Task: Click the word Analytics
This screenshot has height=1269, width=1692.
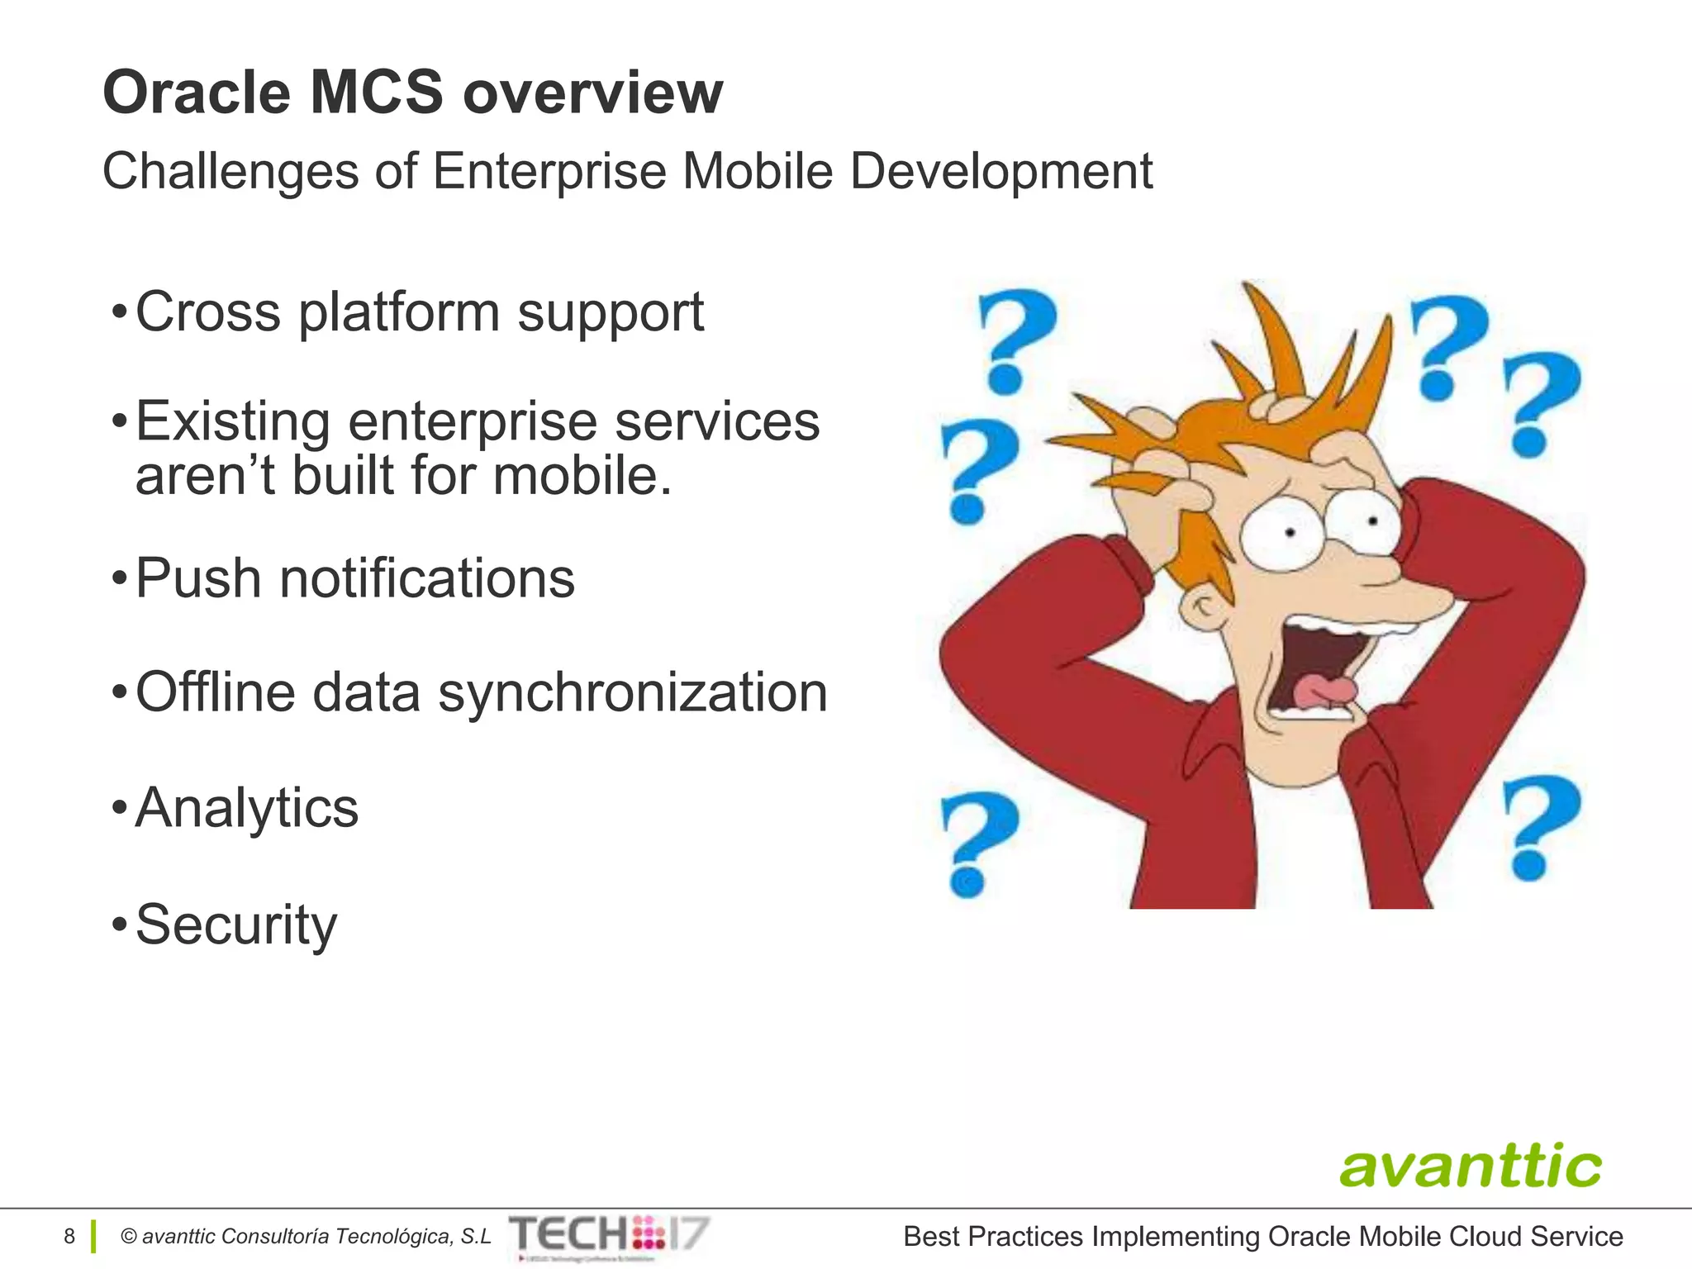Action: click(247, 807)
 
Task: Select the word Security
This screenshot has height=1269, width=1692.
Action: click(236, 924)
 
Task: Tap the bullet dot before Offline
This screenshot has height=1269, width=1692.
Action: click(120, 692)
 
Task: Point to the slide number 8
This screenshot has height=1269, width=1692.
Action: click(69, 1236)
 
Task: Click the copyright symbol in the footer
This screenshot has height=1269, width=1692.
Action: click(129, 1237)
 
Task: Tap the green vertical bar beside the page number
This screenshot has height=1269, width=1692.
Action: click(93, 1236)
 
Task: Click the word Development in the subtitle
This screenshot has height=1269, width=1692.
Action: click(1000, 172)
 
